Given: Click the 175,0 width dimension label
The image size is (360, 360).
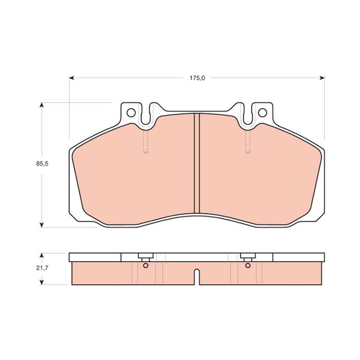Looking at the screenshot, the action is pyautogui.click(x=197, y=78).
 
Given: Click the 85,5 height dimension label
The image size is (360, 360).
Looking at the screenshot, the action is pyautogui.click(x=42, y=164).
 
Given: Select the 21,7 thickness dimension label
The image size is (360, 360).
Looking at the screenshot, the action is pyautogui.click(x=42, y=268).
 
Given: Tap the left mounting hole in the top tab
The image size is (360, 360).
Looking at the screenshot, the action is pyautogui.click(x=131, y=113).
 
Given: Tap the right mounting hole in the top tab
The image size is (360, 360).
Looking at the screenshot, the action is pyautogui.click(x=262, y=113).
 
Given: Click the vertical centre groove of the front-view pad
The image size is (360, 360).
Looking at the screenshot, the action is pyautogui.click(x=197, y=163).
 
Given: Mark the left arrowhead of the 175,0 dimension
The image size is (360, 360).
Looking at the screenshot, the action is pyautogui.click(x=72, y=78).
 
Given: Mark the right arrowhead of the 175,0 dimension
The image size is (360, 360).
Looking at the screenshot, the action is pyautogui.click(x=322, y=78).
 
